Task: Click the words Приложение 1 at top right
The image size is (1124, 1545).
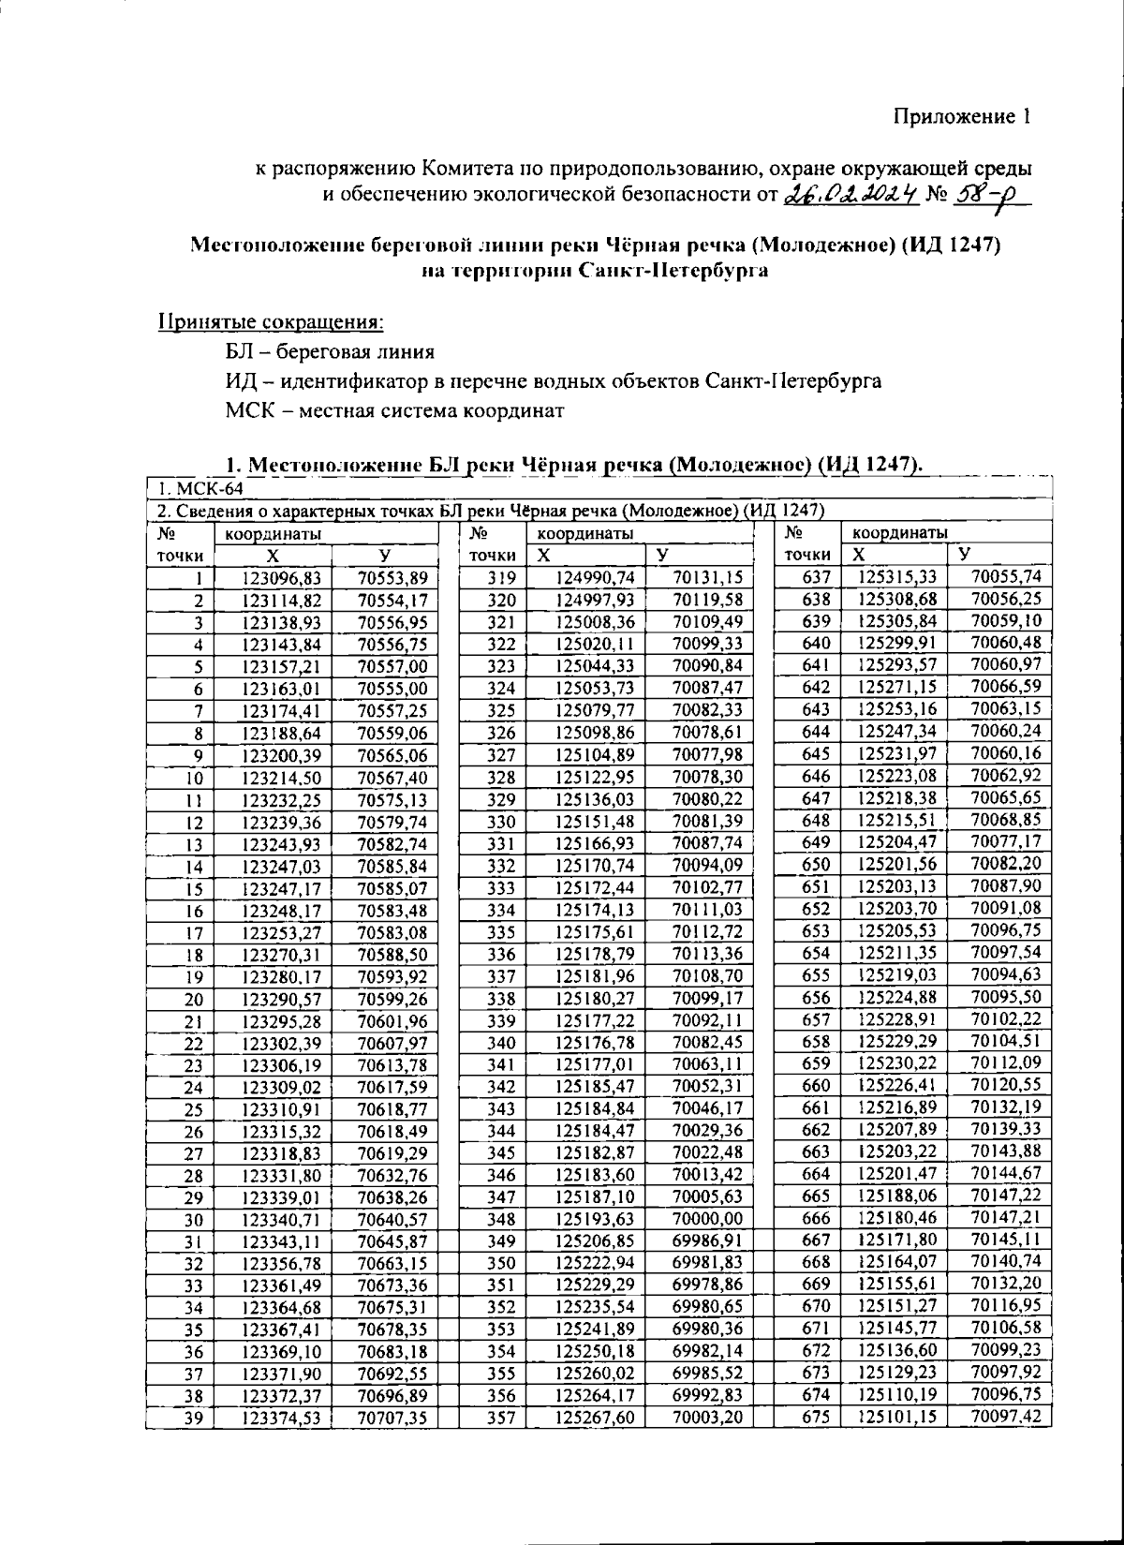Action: (x=961, y=116)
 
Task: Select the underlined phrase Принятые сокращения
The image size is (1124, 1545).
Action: (x=270, y=321)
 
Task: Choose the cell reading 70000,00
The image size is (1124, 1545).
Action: (x=707, y=1218)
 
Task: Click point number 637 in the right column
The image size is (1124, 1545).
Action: (x=817, y=577)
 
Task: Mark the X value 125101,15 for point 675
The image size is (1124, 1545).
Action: (x=897, y=1417)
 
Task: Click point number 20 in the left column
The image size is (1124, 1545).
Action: (x=194, y=999)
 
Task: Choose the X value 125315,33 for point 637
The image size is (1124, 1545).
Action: (x=897, y=577)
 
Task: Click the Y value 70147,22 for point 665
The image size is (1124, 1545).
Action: (x=1006, y=1195)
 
